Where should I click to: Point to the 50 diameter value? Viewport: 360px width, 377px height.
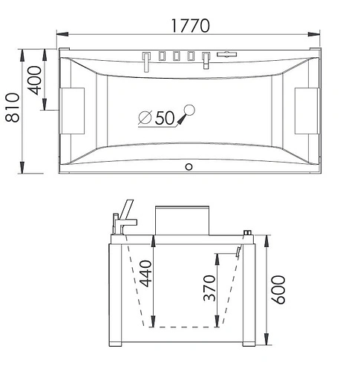click(x=165, y=117)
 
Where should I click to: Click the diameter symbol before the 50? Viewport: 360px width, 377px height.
click(x=145, y=117)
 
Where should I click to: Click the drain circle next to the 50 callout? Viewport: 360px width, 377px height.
click(x=190, y=111)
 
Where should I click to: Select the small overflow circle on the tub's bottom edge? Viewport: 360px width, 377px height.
click(x=188, y=166)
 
